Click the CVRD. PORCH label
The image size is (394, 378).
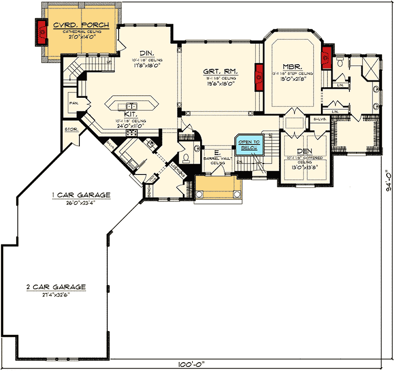coord(81,25)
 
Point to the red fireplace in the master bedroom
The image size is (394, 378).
coord(326,54)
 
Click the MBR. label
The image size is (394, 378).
coord(291,66)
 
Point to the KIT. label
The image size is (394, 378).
coord(131,114)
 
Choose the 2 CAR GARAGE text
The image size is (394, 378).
coord(56,287)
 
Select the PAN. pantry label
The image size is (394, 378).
coord(73,104)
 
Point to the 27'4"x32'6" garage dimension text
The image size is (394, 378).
coord(55,295)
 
